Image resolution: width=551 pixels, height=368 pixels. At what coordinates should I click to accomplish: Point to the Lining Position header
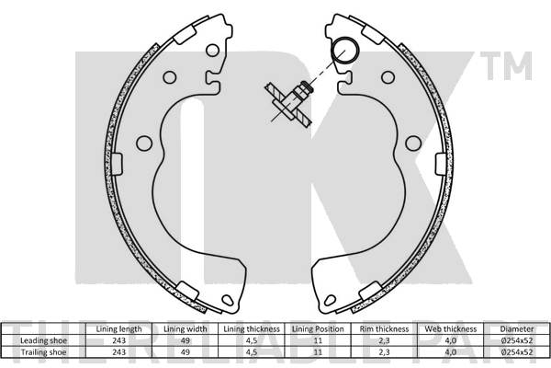317,328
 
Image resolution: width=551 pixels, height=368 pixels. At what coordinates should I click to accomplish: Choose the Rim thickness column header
383,328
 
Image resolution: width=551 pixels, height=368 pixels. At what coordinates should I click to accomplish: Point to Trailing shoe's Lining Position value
317,351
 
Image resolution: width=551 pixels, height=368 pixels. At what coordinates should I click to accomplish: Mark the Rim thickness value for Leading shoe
383,339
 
